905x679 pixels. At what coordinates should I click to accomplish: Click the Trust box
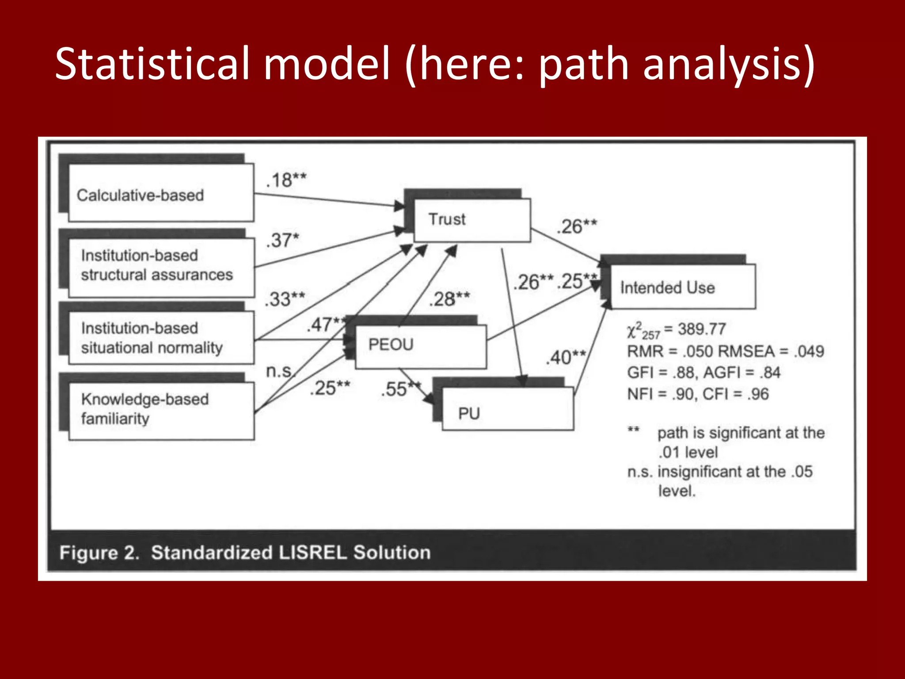point(472,220)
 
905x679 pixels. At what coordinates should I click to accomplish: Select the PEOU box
point(420,346)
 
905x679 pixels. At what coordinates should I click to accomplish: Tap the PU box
point(507,409)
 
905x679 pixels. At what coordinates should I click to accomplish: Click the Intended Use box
point(683,286)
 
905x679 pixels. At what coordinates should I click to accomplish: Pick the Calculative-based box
point(161,193)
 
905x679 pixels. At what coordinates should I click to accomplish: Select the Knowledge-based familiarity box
point(161,410)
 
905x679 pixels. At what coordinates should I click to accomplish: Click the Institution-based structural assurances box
point(161,267)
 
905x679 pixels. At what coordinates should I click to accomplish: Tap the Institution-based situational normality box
point(161,338)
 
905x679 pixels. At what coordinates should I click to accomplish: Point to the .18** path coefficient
point(286,180)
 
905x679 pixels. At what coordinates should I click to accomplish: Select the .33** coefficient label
point(285,299)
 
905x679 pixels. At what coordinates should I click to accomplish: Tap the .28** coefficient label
point(449,299)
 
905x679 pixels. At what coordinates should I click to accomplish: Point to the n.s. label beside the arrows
point(279,371)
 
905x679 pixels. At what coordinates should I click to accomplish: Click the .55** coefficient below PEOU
point(400,389)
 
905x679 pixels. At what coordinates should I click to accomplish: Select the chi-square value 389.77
point(702,329)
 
